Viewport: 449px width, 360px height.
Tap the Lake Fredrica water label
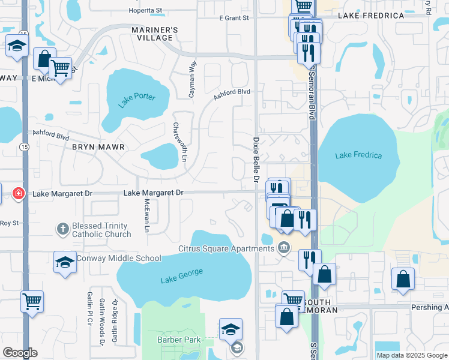(x=358, y=155)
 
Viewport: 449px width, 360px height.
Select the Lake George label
(x=182, y=275)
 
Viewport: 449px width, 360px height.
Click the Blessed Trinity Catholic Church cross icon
(x=62, y=229)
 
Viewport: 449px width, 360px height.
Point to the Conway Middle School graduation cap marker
(x=65, y=262)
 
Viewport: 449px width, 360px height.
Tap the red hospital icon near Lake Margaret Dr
(x=19, y=193)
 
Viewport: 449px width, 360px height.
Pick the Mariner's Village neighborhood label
(x=155, y=34)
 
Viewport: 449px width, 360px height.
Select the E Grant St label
(x=234, y=18)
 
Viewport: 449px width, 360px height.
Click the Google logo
(x=20, y=353)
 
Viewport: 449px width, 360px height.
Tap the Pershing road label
(x=429, y=307)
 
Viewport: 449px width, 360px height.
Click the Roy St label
(x=10, y=223)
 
